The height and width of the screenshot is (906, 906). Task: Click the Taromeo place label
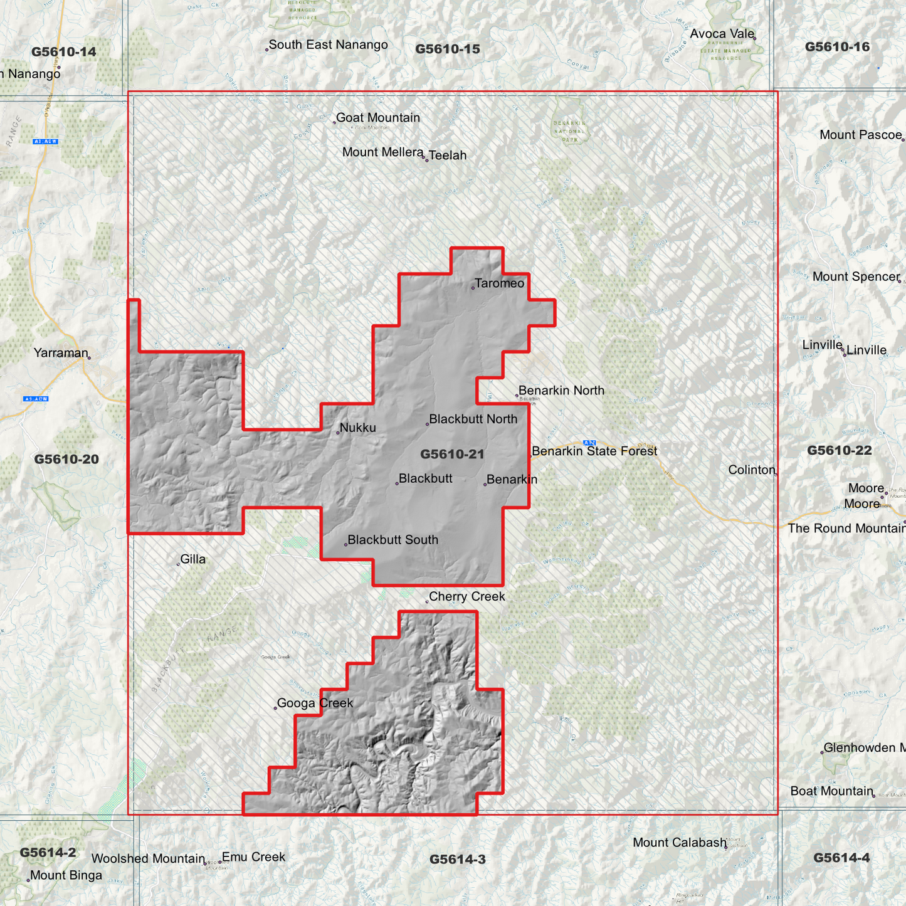coord(499,283)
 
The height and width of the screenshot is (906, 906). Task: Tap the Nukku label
coord(357,428)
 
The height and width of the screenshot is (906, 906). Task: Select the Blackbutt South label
coord(392,540)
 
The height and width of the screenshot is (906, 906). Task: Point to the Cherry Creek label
coord(466,597)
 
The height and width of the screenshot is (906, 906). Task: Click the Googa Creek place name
coord(315,703)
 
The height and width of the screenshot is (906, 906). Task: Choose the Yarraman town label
coord(61,353)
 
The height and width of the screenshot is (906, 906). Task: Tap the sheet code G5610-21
coord(452,454)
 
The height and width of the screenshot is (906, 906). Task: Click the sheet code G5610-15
coord(448,49)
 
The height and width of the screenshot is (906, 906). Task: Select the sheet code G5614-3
coord(457,860)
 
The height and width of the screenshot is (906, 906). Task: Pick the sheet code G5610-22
coord(839,450)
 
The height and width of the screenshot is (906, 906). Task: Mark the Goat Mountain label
coord(377,118)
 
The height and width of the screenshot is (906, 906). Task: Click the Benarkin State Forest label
coord(594,451)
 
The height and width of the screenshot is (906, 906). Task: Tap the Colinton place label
coord(752,470)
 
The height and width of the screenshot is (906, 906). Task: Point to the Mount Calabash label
coord(679,843)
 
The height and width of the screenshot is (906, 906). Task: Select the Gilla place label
coord(192,559)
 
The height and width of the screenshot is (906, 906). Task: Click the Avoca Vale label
coord(722,34)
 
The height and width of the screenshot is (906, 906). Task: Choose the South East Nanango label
coord(328,45)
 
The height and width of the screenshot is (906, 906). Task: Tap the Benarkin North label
coord(561,391)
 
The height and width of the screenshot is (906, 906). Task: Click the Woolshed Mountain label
coord(148,859)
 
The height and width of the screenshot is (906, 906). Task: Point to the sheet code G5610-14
coord(64,52)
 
